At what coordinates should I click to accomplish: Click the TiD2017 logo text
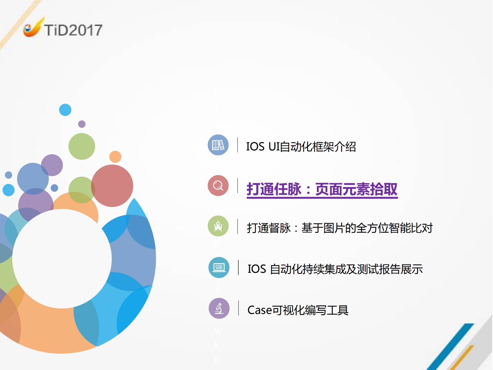(x=73, y=30)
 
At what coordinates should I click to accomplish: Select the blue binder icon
(x=218, y=145)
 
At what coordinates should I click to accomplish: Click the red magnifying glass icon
(x=218, y=186)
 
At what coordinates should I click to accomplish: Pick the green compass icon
(x=218, y=226)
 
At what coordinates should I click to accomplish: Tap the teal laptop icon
(x=219, y=267)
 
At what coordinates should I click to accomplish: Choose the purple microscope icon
(x=219, y=308)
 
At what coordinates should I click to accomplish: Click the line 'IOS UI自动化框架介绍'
(x=301, y=147)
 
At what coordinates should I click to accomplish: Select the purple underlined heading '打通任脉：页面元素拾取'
(x=322, y=189)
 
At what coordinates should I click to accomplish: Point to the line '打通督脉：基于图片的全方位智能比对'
(x=340, y=228)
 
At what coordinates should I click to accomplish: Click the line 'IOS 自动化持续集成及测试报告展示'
(x=335, y=269)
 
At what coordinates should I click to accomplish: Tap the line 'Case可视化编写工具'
(x=298, y=310)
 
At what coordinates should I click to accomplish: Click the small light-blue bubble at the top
(x=65, y=110)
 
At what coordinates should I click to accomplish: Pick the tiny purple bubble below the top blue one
(x=82, y=124)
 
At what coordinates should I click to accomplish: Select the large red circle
(x=112, y=186)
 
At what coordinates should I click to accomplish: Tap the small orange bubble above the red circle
(x=115, y=157)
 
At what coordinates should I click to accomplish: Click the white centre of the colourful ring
(x=62, y=258)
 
